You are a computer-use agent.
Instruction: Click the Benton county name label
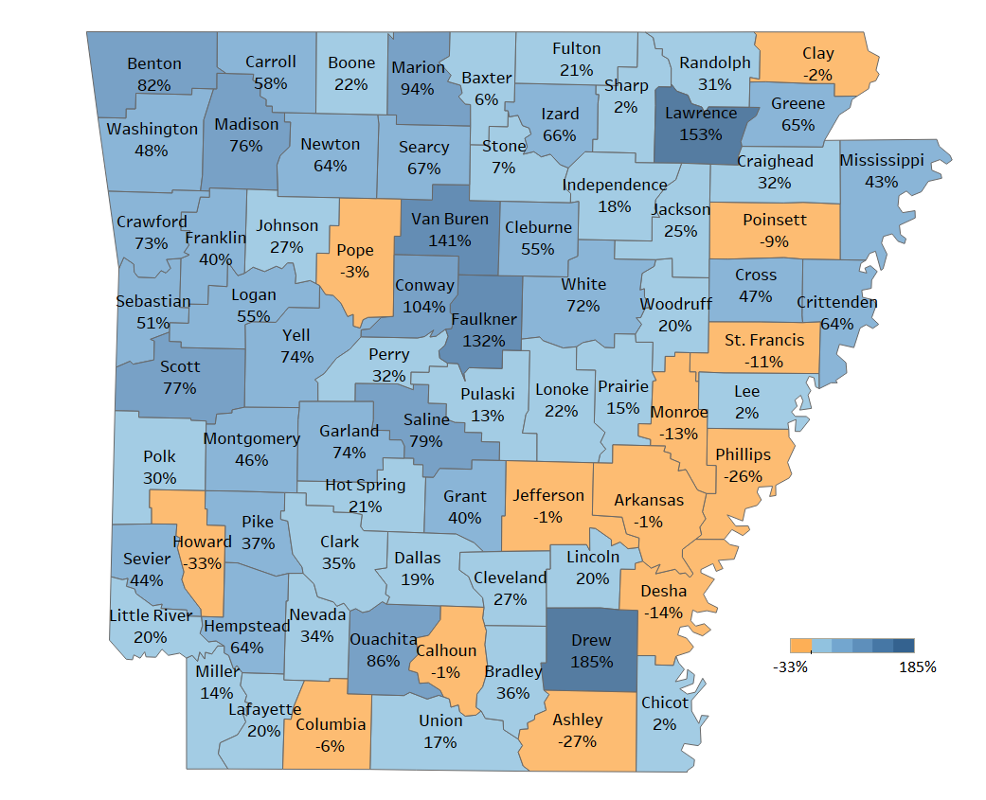pyautogui.click(x=154, y=64)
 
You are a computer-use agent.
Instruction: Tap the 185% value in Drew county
pyautogui.click(x=591, y=662)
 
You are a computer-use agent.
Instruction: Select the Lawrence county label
pyautogui.click(x=700, y=114)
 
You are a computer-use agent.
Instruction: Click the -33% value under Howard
pyautogui.click(x=203, y=563)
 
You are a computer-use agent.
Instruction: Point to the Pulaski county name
pyautogui.click(x=487, y=394)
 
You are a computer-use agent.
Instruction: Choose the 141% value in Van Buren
pyautogui.click(x=449, y=240)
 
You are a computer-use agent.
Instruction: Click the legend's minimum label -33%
pyautogui.click(x=790, y=667)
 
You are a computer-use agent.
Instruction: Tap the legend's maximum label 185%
pyautogui.click(x=916, y=667)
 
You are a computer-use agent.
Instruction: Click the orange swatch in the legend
pyautogui.click(x=800, y=646)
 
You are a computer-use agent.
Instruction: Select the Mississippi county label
pyautogui.click(x=881, y=160)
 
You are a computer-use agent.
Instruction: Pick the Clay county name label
pyautogui.click(x=817, y=54)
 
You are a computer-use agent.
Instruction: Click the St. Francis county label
pyautogui.click(x=764, y=340)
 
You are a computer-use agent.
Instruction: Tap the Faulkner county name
pyautogui.click(x=484, y=319)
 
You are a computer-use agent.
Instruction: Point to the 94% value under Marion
pyautogui.click(x=417, y=89)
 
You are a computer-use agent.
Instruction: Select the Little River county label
pyautogui.click(x=151, y=615)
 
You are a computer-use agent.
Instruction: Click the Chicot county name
pyautogui.click(x=665, y=702)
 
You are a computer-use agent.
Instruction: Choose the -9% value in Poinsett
pyautogui.click(x=774, y=241)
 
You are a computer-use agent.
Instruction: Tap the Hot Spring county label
pyautogui.click(x=365, y=485)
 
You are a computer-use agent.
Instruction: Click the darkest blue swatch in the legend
pyautogui.click(x=904, y=646)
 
